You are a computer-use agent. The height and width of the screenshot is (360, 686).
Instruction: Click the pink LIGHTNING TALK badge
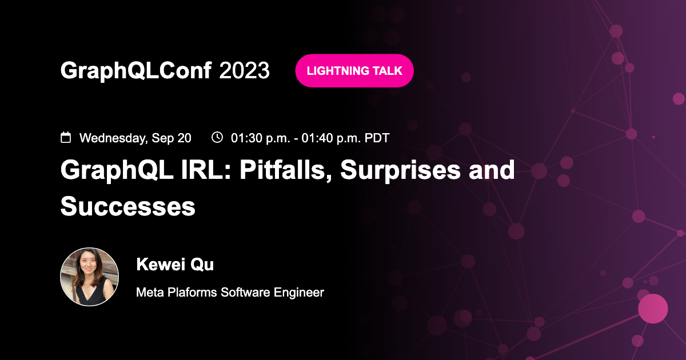tap(354, 71)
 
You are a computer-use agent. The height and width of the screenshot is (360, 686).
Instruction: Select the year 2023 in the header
tap(244, 71)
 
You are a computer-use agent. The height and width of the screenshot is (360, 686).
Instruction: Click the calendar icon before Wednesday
tap(66, 137)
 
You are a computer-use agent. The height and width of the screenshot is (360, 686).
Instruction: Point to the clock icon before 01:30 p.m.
tap(217, 137)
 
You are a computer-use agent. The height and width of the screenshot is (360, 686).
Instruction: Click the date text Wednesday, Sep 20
tap(135, 138)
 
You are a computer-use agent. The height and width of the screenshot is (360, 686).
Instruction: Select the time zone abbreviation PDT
tap(377, 138)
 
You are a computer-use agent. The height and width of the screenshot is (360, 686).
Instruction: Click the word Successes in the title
tap(128, 206)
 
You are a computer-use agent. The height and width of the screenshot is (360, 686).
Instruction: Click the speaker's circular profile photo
tap(90, 277)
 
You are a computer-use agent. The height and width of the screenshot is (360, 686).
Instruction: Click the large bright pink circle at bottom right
tap(653, 309)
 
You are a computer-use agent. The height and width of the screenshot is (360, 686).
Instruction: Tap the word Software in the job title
tap(241, 293)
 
